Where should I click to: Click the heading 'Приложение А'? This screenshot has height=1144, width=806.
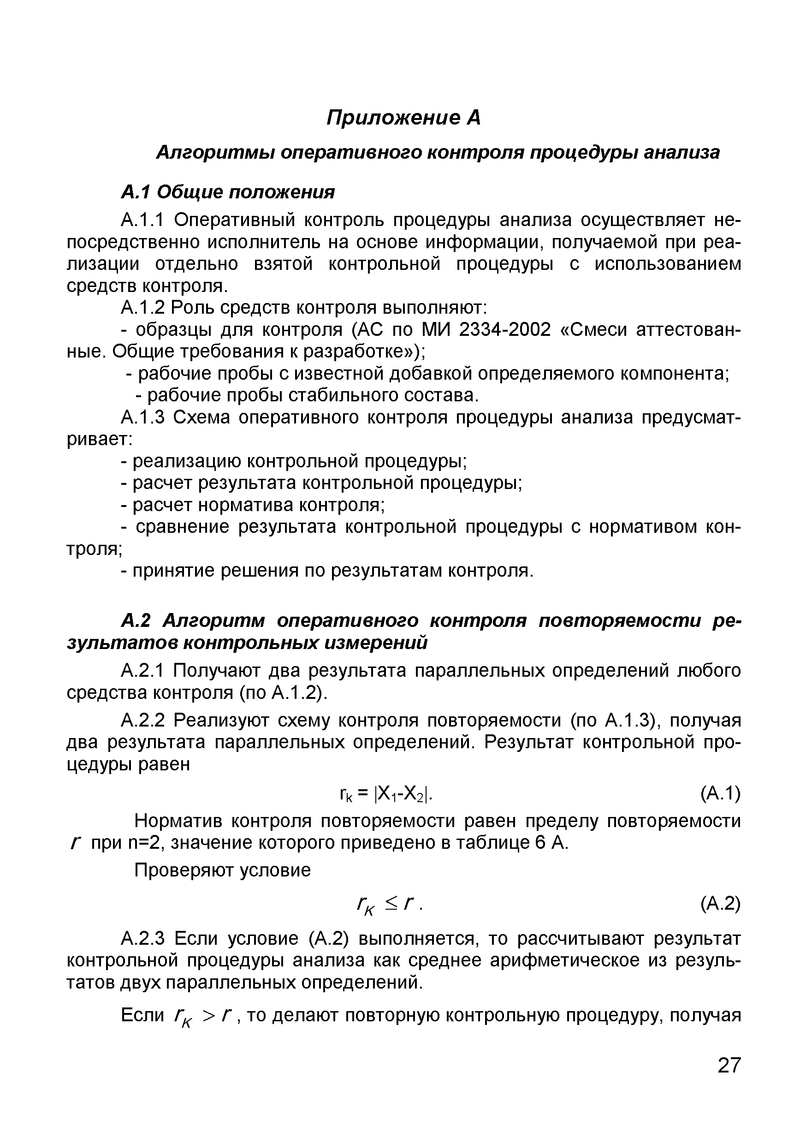[403, 118]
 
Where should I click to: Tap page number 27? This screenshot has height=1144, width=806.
[729, 1079]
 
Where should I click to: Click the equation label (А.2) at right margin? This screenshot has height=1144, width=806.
[720, 903]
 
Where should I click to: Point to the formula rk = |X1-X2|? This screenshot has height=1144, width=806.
[385, 794]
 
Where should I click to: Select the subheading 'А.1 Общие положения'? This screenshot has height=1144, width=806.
[228, 192]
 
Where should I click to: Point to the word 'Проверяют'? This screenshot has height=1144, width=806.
[183, 870]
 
